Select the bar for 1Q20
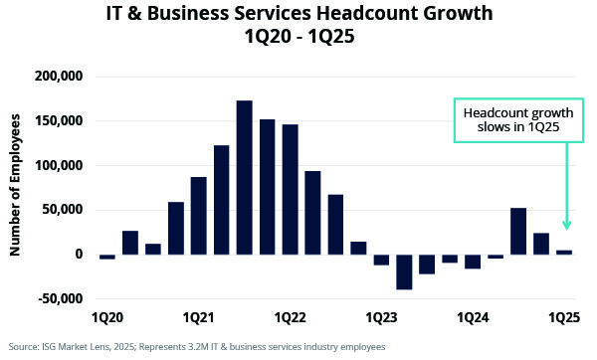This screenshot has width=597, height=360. pos(107,257)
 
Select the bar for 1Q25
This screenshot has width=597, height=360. pos(564,252)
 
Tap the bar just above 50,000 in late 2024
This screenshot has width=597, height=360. pos(518,231)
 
